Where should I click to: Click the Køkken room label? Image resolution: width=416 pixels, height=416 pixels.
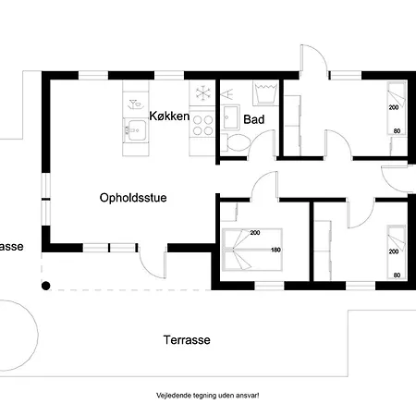point(169,116)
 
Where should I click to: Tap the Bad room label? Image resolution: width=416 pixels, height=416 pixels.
point(254,119)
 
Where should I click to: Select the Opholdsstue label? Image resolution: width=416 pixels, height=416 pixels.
point(133,198)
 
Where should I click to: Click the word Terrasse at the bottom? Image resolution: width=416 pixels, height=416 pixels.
point(187,340)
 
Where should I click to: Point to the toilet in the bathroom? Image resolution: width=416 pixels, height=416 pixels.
point(237,142)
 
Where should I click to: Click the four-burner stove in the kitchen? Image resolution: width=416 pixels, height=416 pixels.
point(202,126)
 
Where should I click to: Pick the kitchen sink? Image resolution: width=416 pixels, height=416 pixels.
point(136,130)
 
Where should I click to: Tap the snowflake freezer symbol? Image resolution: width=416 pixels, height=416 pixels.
point(203,92)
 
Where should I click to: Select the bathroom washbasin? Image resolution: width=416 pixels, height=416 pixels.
point(230,117)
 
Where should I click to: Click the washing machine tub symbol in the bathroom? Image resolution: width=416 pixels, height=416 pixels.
point(265,92)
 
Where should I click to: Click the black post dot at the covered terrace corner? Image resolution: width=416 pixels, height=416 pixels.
point(46,286)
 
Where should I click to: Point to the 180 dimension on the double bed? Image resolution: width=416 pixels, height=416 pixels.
point(275,250)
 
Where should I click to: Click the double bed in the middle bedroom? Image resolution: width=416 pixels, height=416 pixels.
point(252,250)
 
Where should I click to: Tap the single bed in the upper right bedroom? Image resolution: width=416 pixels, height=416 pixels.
point(397,109)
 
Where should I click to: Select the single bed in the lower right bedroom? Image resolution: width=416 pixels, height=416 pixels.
point(397,252)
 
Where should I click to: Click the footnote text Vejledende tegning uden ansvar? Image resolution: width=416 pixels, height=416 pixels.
point(208,396)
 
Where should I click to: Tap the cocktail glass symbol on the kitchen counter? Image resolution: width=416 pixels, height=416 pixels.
point(136,104)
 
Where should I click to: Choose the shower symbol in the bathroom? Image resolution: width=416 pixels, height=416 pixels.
point(227,94)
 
